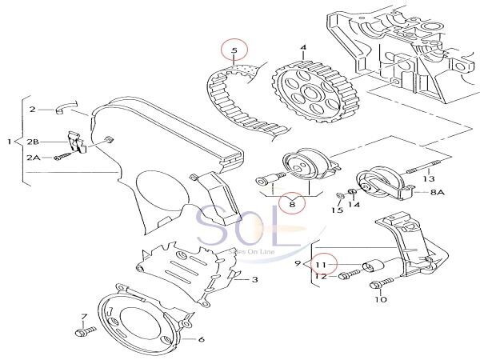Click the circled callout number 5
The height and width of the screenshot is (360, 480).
click(234, 52)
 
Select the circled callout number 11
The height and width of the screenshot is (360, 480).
click(321, 263)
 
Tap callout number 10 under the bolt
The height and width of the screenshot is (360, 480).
click(380, 302)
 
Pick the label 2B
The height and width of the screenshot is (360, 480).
click(33, 141)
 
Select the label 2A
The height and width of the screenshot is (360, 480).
click(34, 158)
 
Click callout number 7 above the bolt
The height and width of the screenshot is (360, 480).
click(83, 318)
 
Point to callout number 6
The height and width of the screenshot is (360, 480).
click(201, 339)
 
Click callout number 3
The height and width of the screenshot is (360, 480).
click(254, 280)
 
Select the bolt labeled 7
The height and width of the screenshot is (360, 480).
click(83, 330)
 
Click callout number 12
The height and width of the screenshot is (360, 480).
click(321, 277)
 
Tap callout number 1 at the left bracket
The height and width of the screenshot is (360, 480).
click(10, 142)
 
